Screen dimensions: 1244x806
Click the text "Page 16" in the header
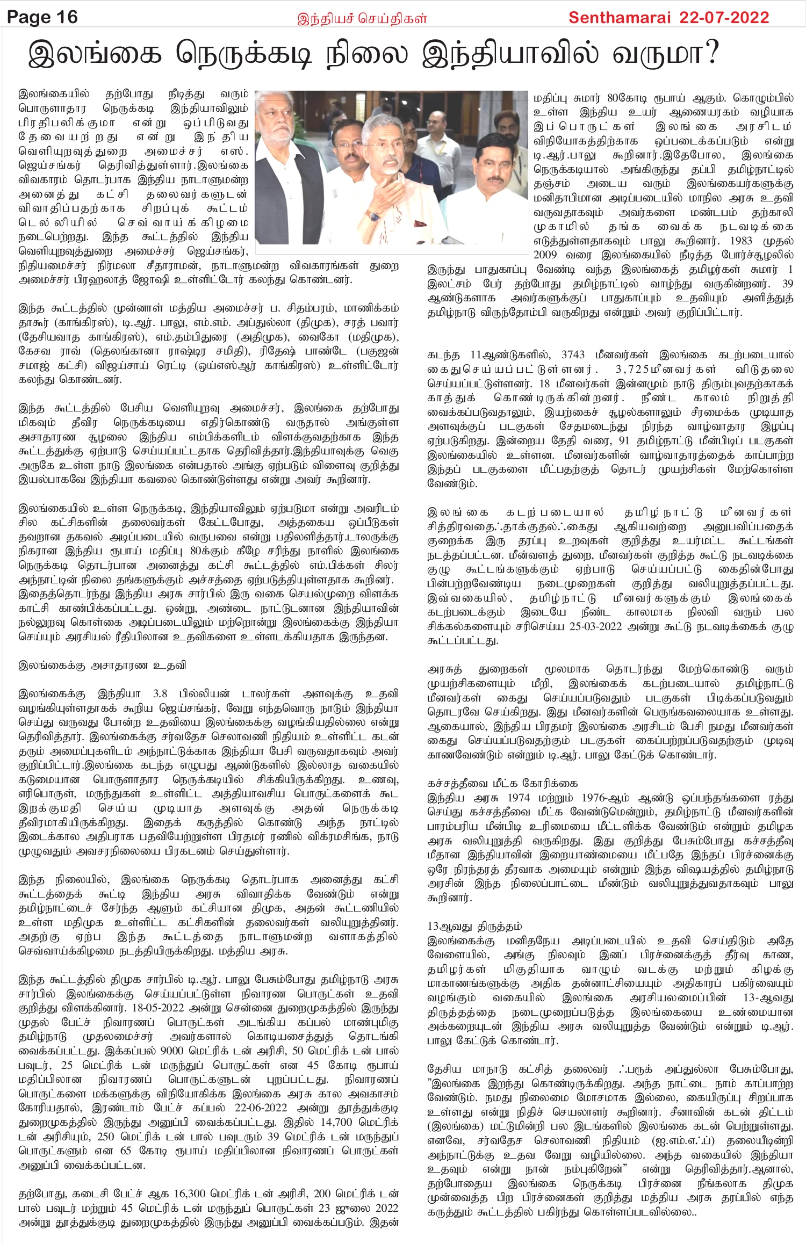pos(42,17)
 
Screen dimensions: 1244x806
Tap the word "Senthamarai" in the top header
pos(618,18)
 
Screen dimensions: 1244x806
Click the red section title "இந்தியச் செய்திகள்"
pos(362,19)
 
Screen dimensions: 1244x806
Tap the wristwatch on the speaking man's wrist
pos(373,216)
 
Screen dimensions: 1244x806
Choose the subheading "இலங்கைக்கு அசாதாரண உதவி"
pos(102,666)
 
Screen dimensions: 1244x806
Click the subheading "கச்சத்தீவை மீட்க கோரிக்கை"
pos(502,784)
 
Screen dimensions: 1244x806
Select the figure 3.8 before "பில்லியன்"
pos(160,694)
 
